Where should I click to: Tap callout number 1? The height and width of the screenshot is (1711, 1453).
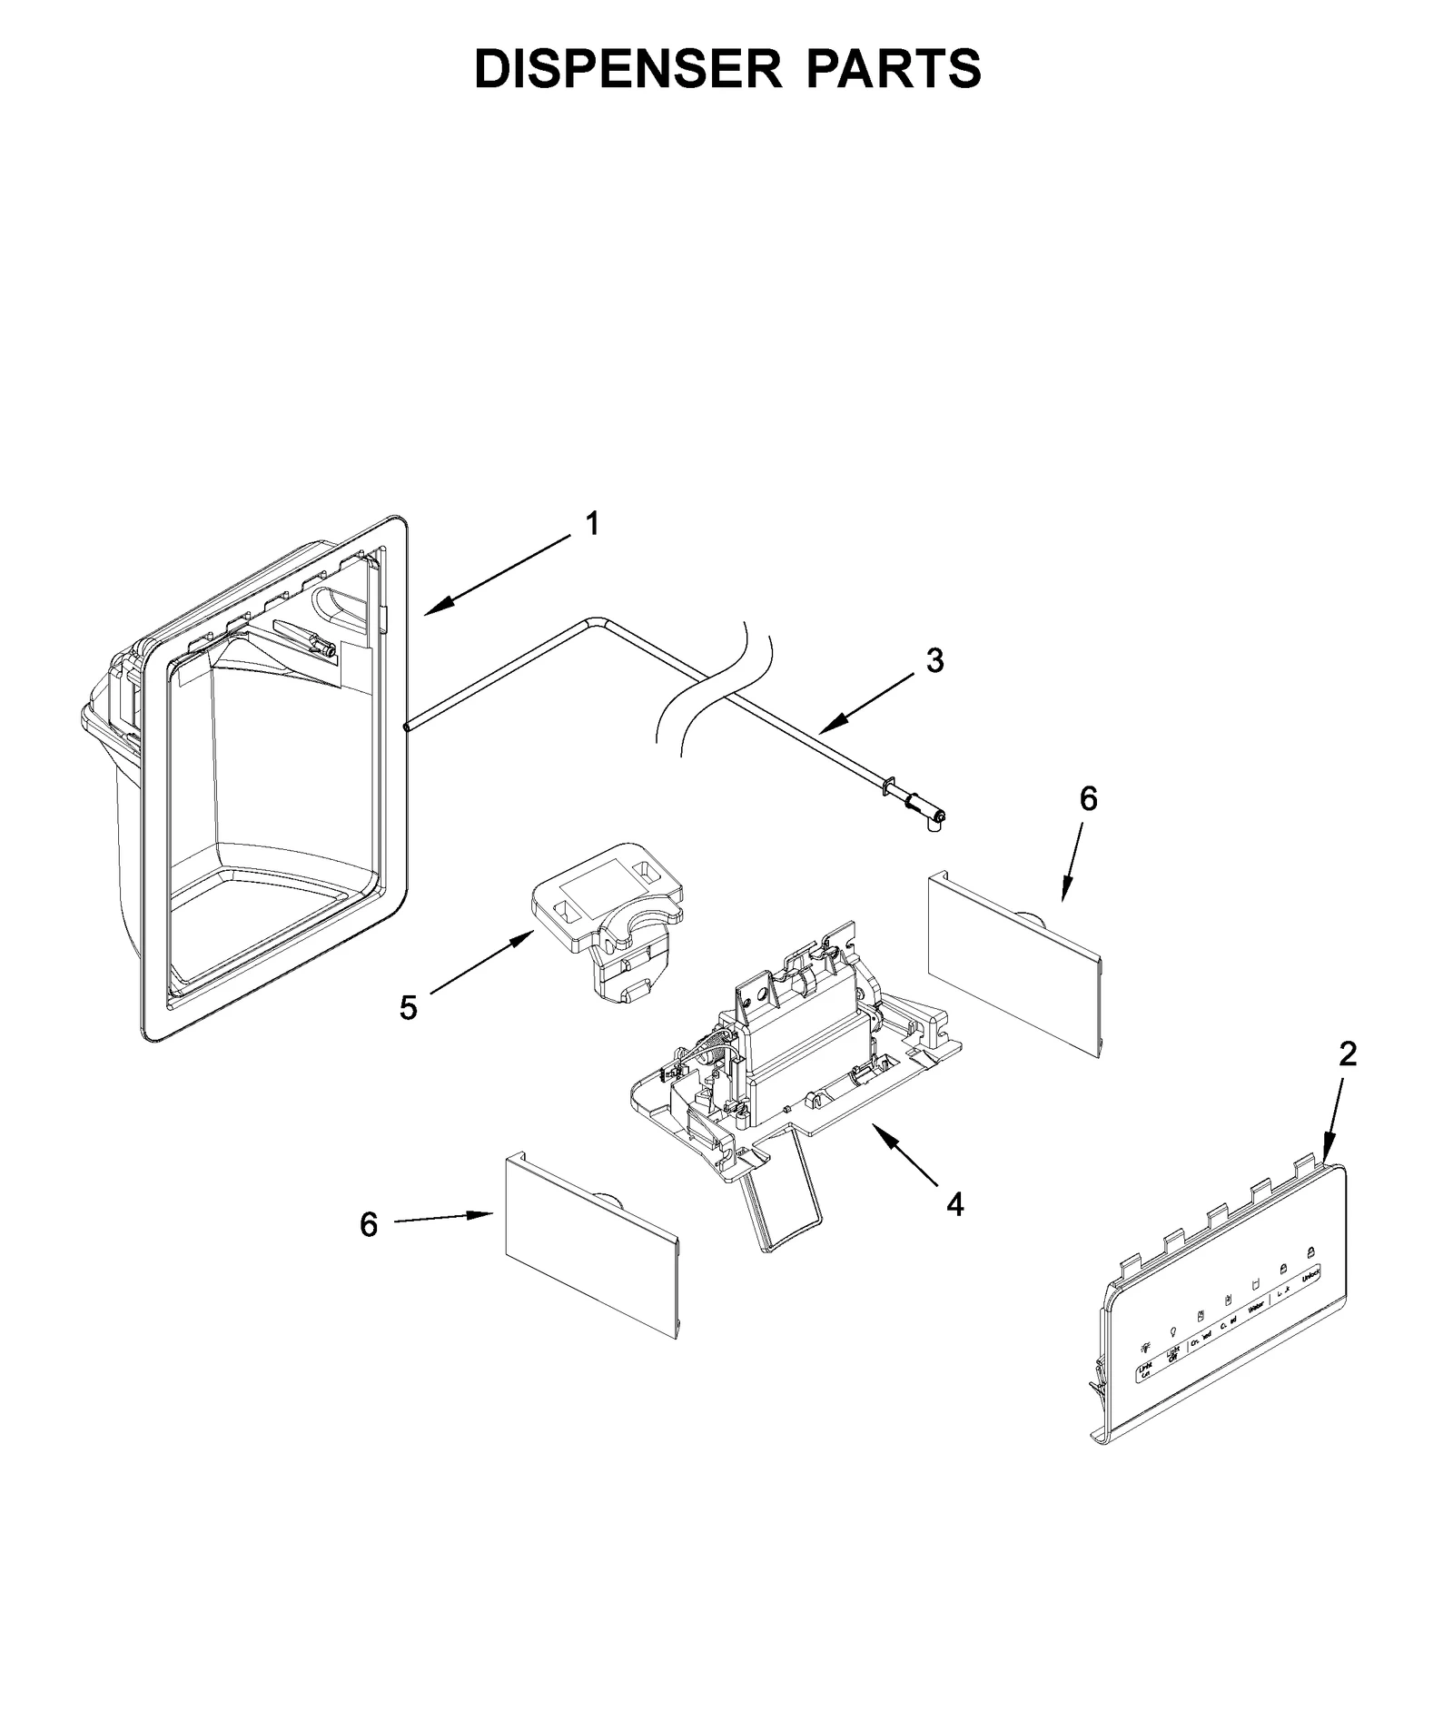coord(591,524)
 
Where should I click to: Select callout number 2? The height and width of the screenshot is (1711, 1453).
coord(1348,1053)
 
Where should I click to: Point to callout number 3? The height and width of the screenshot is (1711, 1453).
coord(934,660)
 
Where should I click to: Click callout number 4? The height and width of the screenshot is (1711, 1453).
coord(954,1205)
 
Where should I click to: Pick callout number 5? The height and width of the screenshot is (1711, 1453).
coord(409,1007)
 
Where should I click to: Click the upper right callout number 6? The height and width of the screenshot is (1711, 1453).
coord(1088,798)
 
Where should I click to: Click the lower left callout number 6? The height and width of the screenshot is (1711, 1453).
coord(368,1225)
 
